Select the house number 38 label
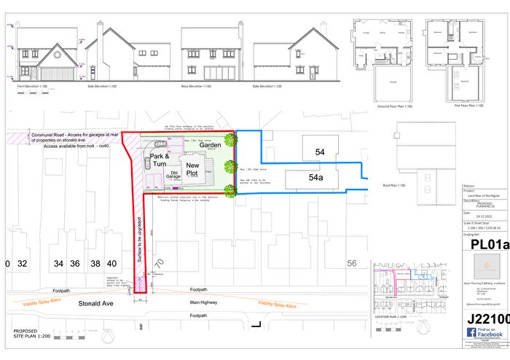tap(95, 263)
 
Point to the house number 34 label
tap(59, 263)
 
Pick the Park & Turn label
tap(160, 160)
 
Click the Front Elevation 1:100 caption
tap(36, 85)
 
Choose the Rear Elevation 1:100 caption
tap(196, 85)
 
